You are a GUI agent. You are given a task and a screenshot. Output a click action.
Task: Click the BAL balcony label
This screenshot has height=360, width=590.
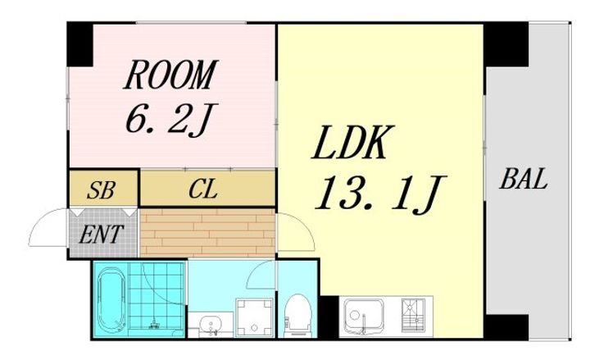(522, 180)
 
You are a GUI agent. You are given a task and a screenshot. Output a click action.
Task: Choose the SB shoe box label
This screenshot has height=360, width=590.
(103, 191)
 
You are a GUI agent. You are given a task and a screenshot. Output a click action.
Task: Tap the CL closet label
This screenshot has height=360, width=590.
(202, 191)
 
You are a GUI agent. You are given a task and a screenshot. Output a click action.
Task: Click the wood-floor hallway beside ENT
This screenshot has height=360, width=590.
(206, 233)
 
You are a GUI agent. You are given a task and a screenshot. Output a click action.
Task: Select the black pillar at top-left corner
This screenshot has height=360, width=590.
(79, 42)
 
